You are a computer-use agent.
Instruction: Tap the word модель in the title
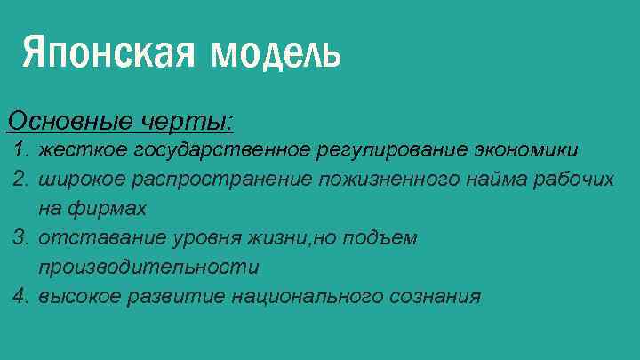276,53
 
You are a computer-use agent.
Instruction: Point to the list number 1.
21,148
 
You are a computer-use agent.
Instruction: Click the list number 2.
21,179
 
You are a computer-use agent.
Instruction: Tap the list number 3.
21,237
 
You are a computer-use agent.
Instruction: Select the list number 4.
21,296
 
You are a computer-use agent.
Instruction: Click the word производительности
148,267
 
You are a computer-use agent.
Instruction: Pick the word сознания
435,296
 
